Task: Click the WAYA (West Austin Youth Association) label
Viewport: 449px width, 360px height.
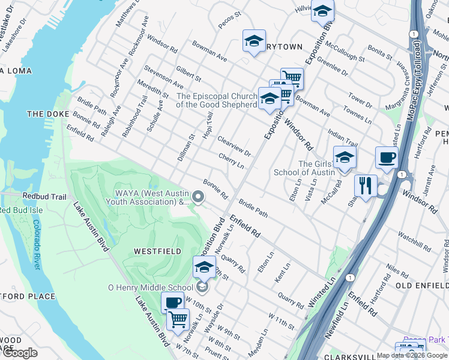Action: pos(152,197)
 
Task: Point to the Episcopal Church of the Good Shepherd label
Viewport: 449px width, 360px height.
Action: pos(216,100)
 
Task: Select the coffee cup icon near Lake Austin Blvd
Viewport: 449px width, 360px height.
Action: pos(172,302)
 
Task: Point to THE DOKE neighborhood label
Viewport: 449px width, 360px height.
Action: pos(46,114)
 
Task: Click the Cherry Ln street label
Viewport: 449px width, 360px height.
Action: pos(231,160)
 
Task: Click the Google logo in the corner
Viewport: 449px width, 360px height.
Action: pos(20,353)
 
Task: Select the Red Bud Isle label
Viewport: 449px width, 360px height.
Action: pos(17,210)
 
